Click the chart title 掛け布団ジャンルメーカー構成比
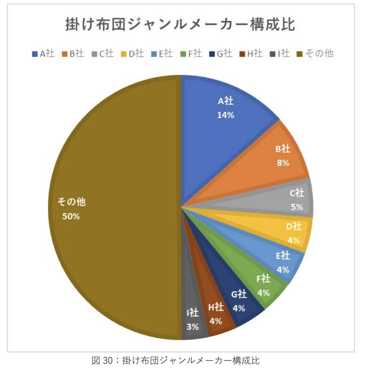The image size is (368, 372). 180,25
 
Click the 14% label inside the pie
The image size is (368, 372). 225,115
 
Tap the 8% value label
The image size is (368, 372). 283,163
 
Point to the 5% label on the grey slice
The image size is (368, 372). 297,207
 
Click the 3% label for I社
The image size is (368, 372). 193,327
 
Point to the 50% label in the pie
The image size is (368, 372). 71,216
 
